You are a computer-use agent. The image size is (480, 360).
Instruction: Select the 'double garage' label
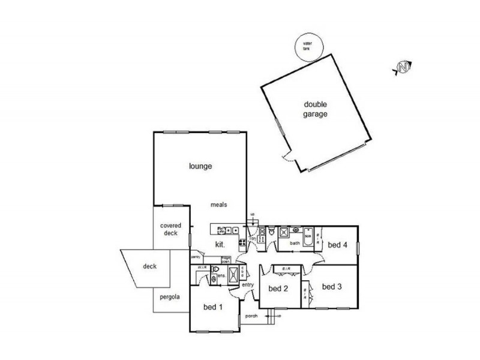click(x=315, y=109)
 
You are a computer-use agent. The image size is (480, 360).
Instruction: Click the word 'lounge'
click(x=201, y=166)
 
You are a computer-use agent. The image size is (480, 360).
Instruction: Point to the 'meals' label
click(x=218, y=205)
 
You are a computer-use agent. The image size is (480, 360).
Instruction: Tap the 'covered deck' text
click(x=170, y=229)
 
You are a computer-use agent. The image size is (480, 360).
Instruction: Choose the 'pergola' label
click(x=170, y=297)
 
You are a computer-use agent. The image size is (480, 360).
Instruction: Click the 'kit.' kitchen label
click(x=220, y=244)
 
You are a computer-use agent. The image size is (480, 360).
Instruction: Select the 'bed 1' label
click(x=213, y=308)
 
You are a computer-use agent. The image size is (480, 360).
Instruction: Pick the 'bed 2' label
click(x=278, y=289)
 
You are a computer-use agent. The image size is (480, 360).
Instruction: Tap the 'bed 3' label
click(x=332, y=287)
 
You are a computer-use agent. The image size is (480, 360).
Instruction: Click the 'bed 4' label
click(x=337, y=244)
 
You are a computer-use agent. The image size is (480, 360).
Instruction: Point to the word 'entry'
click(x=248, y=284)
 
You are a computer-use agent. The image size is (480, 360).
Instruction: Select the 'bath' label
click(x=295, y=243)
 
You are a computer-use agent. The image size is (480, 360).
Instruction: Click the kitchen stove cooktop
click(x=242, y=243)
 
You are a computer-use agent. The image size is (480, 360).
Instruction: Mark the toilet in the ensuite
click(x=214, y=278)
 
